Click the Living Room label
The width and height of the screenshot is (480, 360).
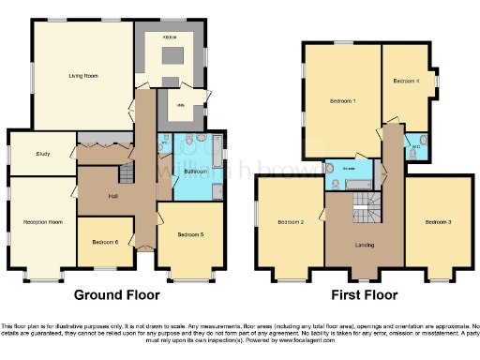[x=83, y=75]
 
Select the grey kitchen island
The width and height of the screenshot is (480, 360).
[x=172, y=57]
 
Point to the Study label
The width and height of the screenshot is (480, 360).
[x=43, y=154]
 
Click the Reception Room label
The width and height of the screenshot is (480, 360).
[x=42, y=222]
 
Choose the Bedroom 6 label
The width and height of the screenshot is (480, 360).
[x=105, y=242]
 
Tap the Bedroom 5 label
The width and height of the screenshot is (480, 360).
[x=192, y=235]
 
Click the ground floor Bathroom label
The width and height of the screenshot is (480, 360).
[x=195, y=172]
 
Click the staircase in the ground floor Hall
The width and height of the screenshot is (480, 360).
[x=126, y=173]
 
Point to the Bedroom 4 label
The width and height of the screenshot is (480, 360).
[x=406, y=82]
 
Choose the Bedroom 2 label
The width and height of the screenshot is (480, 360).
[x=291, y=222]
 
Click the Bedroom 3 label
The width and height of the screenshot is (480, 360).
[x=437, y=222]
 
